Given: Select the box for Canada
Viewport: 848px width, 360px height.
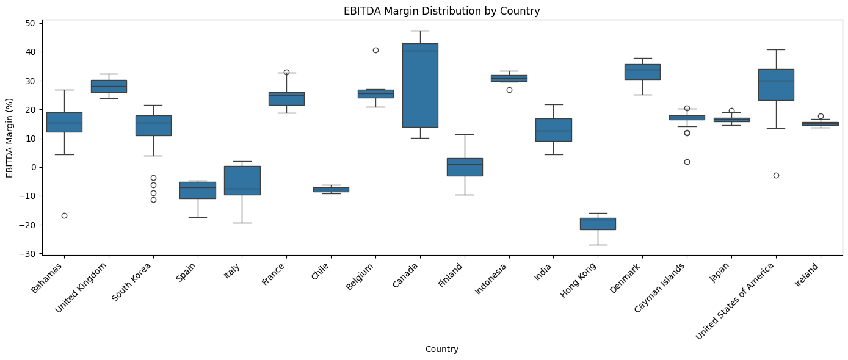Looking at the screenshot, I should (x=420, y=85).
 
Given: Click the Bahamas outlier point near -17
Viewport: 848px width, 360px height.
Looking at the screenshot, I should (x=64, y=215).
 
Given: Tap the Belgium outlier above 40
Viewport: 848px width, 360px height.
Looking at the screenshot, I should (x=375, y=50).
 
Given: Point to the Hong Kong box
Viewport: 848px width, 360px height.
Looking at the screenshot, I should (x=598, y=224).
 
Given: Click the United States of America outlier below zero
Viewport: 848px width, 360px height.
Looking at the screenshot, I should (x=776, y=175).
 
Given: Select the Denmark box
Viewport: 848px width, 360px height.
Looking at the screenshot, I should (x=642, y=72).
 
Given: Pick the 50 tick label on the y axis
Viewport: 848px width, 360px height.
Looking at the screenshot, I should (x=30, y=23).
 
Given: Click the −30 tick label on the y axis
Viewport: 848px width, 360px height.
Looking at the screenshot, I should (x=27, y=253).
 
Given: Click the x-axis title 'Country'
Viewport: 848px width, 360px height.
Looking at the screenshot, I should (x=441, y=350).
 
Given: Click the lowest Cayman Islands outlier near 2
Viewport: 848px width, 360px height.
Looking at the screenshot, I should (x=687, y=162).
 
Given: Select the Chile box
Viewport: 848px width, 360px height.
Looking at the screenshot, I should (x=331, y=189).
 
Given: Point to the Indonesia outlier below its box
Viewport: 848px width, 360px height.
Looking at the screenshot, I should (x=509, y=90).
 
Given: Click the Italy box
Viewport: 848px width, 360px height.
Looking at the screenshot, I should (x=242, y=180).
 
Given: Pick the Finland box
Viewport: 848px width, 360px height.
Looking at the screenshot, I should (x=465, y=167).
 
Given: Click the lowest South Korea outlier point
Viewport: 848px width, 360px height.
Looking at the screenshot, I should (x=153, y=200).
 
